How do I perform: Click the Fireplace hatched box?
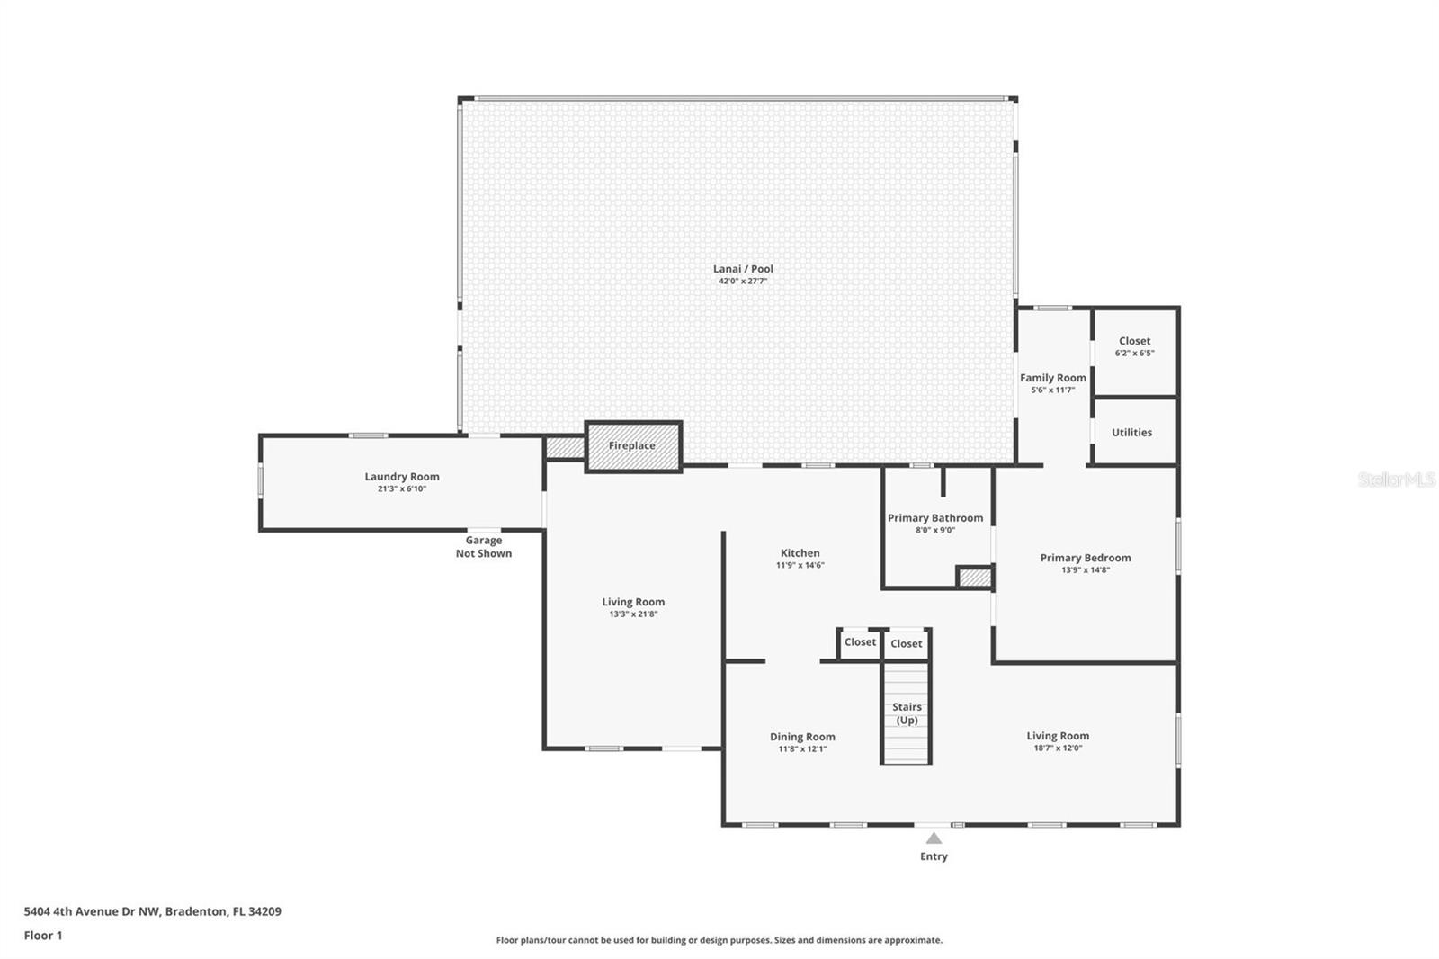coord(633,447)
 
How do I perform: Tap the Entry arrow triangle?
coord(934,838)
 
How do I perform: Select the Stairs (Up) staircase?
coord(906,713)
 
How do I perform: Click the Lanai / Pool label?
coord(743,269)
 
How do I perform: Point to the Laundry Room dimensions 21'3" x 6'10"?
coord(401,488)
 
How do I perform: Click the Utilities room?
coord(1134,431)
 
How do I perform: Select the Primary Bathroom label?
coord(934,518)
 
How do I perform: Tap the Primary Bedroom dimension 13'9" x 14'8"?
coord(1085,569)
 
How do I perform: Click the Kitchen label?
coord(800,552)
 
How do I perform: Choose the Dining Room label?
coord(802,737)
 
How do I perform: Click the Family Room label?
coord(1053,378)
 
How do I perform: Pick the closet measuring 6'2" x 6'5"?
coord(1134,353)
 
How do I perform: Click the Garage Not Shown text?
coord(484,547)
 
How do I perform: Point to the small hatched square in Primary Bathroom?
coord(975,578)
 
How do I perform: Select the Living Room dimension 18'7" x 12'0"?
coord(1058,748)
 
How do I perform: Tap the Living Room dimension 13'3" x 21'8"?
coord(633,614)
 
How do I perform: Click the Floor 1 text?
coord(43,936)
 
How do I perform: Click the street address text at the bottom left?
coord(152,911)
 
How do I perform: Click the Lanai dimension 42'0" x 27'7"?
coord(743,281)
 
